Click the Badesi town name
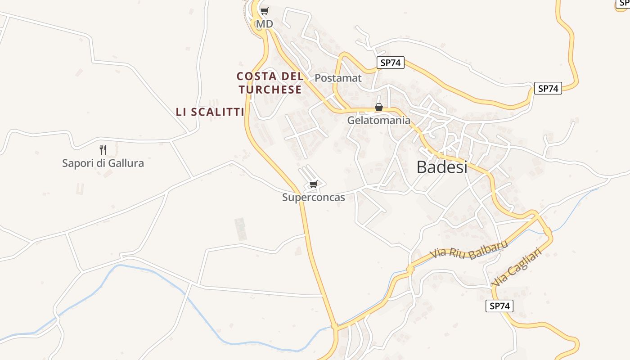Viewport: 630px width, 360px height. pos(442,167)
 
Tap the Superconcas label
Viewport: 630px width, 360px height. pos(313,197)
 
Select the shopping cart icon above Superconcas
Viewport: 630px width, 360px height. pos(314,184)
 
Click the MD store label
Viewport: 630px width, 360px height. pos(264,23)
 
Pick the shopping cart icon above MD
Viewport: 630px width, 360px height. pos(265,11)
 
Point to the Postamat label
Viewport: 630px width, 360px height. pos(338,78)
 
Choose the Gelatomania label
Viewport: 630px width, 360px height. pos(378,120)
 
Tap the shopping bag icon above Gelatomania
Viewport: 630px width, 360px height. pos(379,107)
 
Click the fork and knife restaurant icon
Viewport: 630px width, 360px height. pos(103,149)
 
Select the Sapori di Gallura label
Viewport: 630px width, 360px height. pos(103,163)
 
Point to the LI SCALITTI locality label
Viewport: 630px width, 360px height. pos(210,112)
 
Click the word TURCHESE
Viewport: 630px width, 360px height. pos(270,90)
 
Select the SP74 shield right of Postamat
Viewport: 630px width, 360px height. pos(390,63)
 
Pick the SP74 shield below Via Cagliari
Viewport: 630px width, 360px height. pos(499,306)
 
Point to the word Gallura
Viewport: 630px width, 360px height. pos(124,163)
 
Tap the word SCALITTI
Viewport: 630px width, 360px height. pos(217,112)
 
